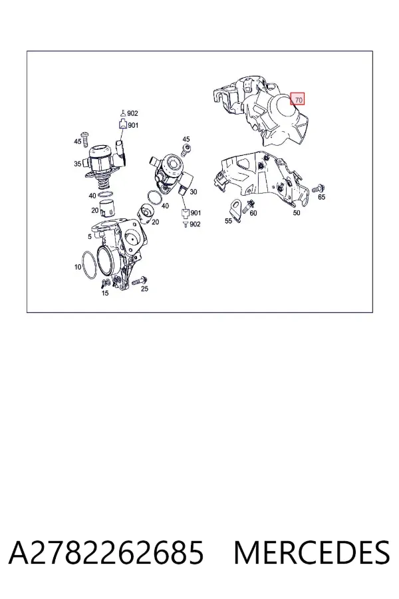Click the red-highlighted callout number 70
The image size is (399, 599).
tap(298, 100)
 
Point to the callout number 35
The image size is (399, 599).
tap(78, 164)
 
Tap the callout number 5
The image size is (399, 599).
tap(89, 236)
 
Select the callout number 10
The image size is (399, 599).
tap(78, 267)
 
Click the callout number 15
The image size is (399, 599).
tap(105, 293)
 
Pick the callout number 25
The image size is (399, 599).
tap(144, 289)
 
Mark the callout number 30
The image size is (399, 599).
tap(194, 192)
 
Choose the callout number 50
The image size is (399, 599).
tap(297, 213)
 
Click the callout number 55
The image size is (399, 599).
tap(228, 221)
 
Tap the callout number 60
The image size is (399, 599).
tap(253, 213)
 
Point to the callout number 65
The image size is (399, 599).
tap(321, 197)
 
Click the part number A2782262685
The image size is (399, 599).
tap(106, 552)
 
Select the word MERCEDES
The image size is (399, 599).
tap(312, 552)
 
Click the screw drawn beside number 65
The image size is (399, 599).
tap(318, 188)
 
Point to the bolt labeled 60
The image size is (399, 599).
tap(251, 204)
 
